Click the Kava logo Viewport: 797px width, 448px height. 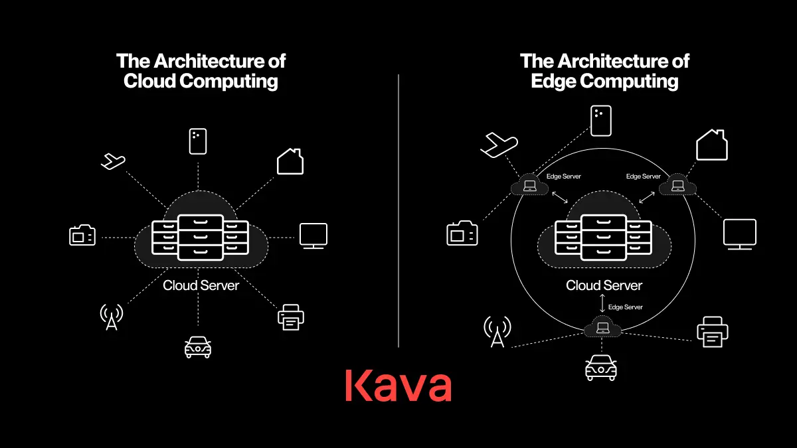(398, 386)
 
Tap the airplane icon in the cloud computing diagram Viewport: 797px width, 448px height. (113, 161)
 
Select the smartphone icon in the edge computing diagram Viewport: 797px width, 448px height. (601, 121)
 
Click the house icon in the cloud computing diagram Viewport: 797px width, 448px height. (290, 161)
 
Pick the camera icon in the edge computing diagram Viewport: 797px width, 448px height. (462, 233)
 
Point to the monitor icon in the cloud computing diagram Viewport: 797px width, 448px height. (313, 236)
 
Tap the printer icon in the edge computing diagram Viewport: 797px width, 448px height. (712, 332)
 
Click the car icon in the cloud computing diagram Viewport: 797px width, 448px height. (198, 347)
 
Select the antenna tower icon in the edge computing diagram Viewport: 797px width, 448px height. (497, 331)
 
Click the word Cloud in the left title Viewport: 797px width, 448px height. (149, 81)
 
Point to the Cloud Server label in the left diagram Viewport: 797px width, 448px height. (201, 285)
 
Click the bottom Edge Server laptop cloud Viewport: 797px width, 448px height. (602, 327)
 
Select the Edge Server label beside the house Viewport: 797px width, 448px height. (644, 177)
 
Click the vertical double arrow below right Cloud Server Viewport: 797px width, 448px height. (602, 303)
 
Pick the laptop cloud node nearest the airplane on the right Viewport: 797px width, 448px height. (530, 185)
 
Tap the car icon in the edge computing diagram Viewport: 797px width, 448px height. (601, 368)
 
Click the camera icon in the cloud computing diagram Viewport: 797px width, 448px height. (82, 235)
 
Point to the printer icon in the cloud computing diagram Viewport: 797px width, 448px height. (291, 317)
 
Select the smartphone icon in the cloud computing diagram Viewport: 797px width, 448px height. (198, 141)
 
